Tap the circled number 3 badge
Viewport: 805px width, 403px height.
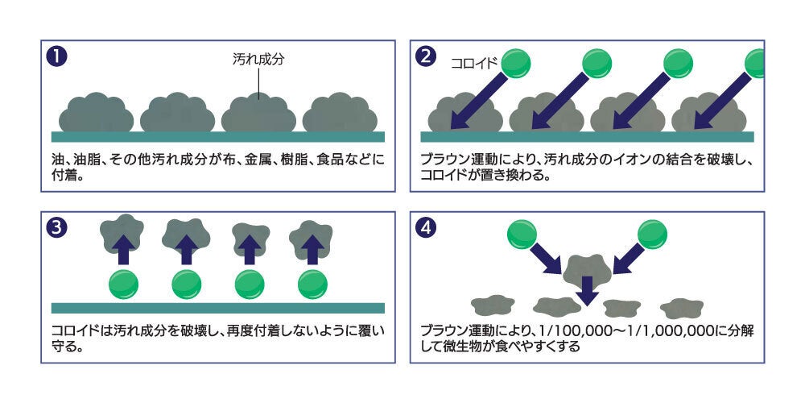click(56, 228)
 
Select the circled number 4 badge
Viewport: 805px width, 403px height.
click(425, 228)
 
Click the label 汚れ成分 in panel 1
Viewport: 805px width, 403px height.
click(258, 60)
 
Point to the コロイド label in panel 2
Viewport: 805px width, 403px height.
click(474, 63)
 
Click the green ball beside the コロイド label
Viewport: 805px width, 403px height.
click(515, 64)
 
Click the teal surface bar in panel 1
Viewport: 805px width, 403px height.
click(218, 137)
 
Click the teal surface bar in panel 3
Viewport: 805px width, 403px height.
click(218, 308)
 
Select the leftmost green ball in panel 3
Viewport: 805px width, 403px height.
click(124, 285)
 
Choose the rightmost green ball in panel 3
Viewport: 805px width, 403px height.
click(312, 285)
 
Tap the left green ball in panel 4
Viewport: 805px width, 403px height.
click(522, 235)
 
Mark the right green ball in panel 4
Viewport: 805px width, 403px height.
click(653, 235)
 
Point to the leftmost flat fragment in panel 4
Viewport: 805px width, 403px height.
click(493, 305)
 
